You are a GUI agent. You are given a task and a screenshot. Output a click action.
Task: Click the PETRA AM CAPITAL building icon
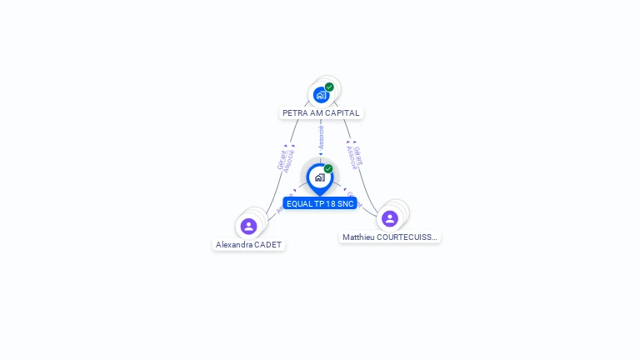(322, 95)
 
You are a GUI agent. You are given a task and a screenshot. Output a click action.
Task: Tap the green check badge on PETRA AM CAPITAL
(329, 87)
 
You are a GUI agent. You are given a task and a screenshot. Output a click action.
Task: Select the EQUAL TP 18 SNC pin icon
(320, 177)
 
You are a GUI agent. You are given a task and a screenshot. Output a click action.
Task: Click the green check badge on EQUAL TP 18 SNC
(328, 169)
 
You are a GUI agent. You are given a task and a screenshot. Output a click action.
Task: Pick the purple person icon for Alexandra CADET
(248, 226)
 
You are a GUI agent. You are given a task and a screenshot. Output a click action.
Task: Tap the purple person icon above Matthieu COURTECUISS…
(389, 218)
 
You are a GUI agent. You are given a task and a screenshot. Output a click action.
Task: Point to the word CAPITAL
(343, 113)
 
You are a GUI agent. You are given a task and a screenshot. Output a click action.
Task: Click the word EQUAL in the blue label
(299, 204)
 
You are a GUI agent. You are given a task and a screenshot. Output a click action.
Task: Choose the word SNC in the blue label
(347, 204)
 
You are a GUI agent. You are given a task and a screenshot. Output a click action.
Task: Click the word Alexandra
(234, 245)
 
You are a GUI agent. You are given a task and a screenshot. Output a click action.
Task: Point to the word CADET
(268, 245)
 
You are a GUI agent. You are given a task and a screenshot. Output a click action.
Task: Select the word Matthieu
(359, 237)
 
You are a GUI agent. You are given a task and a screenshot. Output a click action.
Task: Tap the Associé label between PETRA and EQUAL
(321, 138)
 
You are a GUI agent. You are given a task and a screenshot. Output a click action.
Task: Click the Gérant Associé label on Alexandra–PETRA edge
(286, 159)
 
